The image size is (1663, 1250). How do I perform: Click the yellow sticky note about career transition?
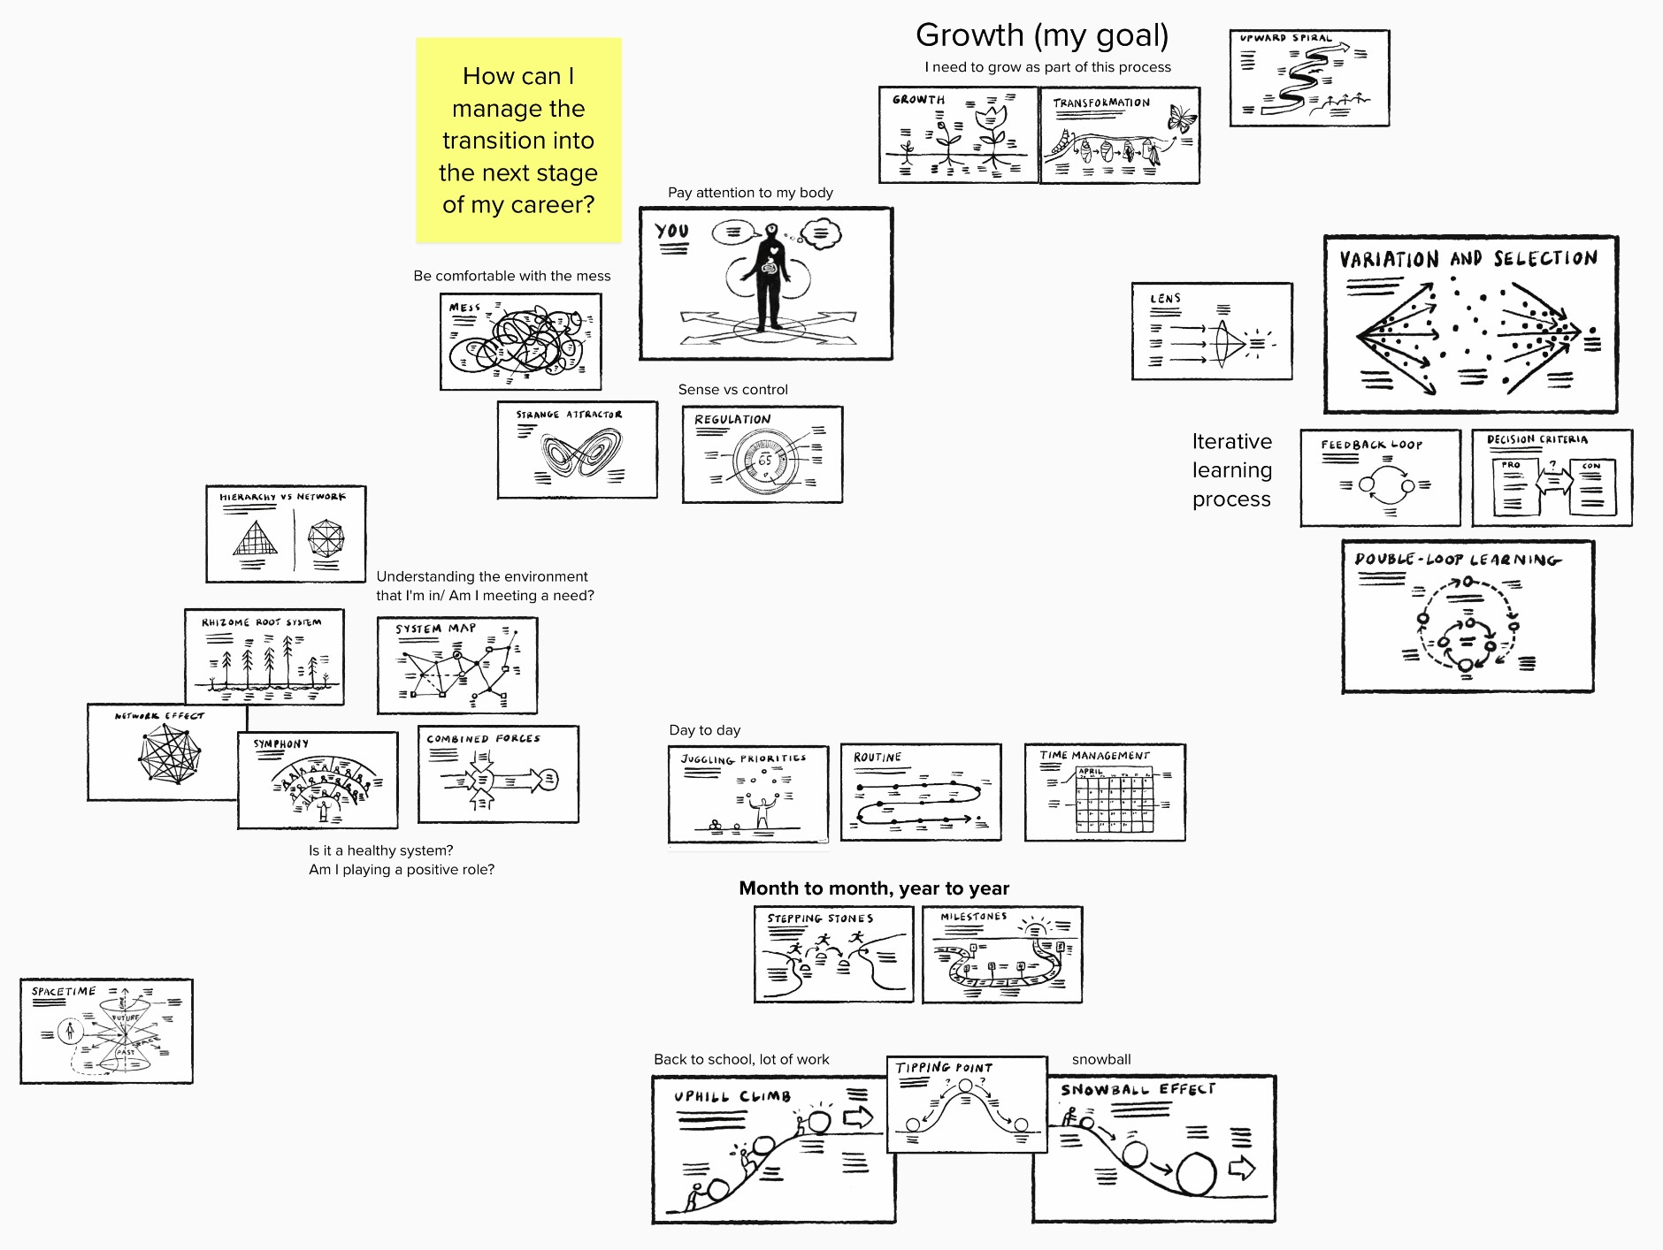pyautogui.click(x=518, y=140)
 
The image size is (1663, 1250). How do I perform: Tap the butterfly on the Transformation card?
pyautogui.click(x=1181, y=118)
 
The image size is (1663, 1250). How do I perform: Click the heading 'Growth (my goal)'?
pyautogui.click(x=1042, y=35)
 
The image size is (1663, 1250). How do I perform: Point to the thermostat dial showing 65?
pyautogui.click(x=765, y=461)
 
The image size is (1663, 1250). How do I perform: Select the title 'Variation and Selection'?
pyautogui.click(x=1468, y=259)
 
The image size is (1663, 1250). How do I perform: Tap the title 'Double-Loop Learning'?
pyautogui.click(x=1457, y=560)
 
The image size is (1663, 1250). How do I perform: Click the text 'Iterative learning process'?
pyautogui.click(x=1231, y=470)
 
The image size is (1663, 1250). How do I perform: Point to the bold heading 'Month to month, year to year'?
pyautogui.click(x=874, y=888)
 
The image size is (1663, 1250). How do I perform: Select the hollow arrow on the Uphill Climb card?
pyautogui.click(x=858, y=1117)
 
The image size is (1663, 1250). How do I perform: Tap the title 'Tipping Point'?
pyautogui.click(x=944, y=1068)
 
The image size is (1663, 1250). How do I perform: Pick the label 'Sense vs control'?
pyautogui.click(x=732, y=390)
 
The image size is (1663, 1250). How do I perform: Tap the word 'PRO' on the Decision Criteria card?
pyautogui.click(x=1511, y=465)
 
